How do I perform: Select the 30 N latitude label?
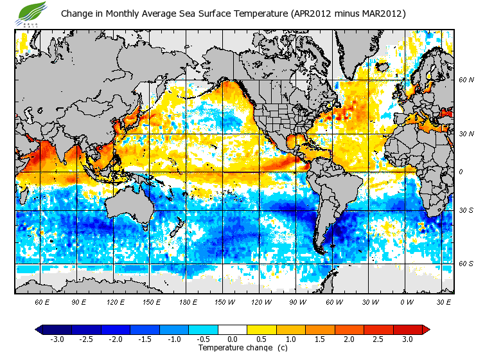coord(466,134)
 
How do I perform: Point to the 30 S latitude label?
coord(466,211)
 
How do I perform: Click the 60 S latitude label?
coord(466,264)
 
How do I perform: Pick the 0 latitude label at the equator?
coord(461,172)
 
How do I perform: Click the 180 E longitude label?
coord(188,301)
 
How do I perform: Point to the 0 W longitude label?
coord(407,301)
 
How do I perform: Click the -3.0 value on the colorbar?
coord(58,339)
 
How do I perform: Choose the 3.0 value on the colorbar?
coord(408,339)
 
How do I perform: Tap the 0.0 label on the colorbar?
coord(233,339)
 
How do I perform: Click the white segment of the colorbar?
coord(233,329)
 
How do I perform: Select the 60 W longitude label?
coord(333,301)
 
